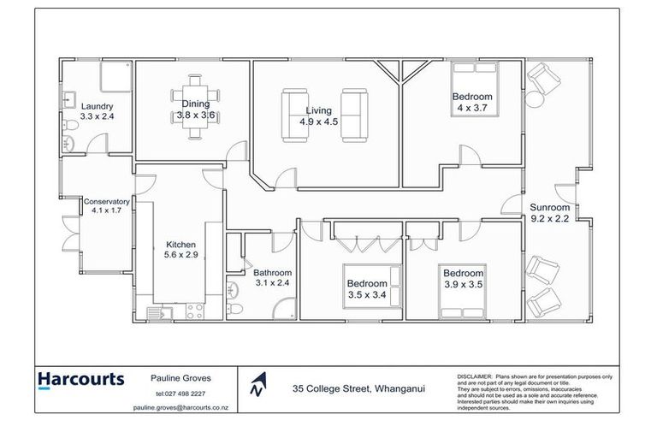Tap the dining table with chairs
point(195,101)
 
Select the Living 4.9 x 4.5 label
point(319,115)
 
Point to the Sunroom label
point(549,213)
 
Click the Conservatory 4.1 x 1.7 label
point(107,206)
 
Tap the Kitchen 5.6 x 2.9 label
point(181,249)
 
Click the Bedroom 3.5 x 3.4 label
point(366,289)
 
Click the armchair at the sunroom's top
point(541,84)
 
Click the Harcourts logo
point(80,380)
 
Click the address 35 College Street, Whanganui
point(358,389)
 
